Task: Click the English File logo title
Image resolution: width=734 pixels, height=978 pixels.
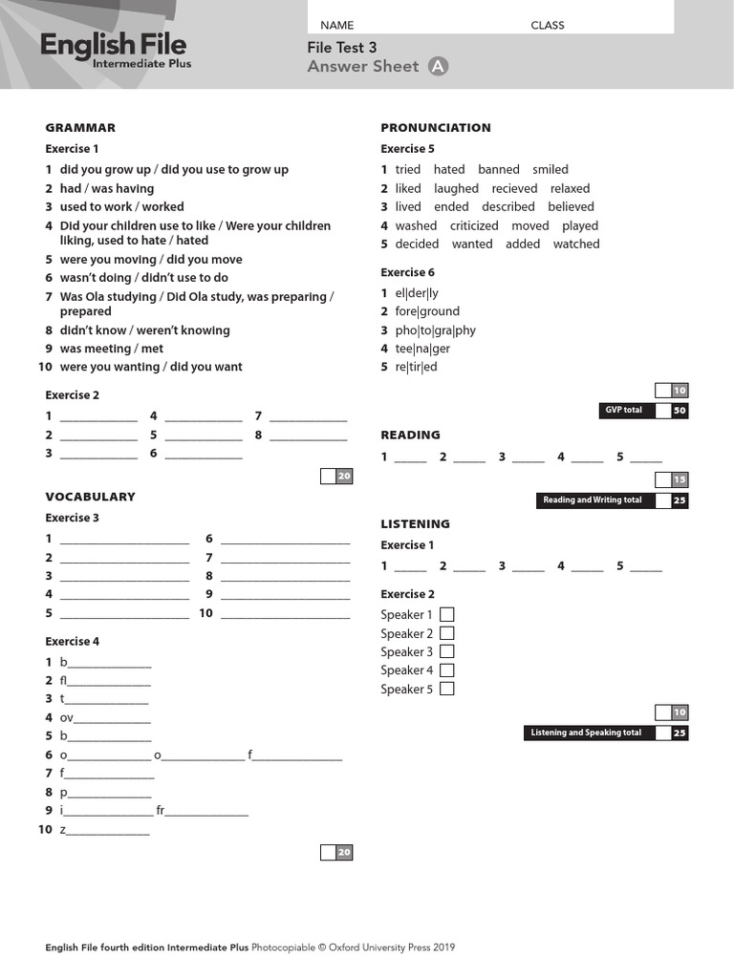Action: (x=113, y=45)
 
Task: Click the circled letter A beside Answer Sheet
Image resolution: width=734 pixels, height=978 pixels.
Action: (x=438, y=66)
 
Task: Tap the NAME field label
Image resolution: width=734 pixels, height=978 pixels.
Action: (x=336, y=25)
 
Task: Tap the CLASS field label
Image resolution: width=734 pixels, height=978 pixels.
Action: (x=548, y=25)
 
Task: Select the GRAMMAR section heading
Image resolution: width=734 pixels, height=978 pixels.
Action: (x=80, y=127)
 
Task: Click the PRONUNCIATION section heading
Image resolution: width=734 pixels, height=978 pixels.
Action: (x=436, y=127)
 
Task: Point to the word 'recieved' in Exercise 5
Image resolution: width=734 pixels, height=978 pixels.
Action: (x=514, y=188)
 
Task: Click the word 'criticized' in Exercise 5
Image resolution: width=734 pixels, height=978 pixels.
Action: (x=474, y=225)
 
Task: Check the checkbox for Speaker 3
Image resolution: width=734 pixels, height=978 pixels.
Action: (x=446, y=651)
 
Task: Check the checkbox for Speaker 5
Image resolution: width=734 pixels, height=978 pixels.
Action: (x=446, y=689)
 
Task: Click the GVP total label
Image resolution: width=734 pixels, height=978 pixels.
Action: (x=624, y=411)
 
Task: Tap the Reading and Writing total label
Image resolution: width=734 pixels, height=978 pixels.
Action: (x=593, y=500)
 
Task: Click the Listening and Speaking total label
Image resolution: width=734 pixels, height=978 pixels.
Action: (x=586, y=733)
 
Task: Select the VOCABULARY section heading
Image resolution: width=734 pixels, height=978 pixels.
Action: (x=90, y=497)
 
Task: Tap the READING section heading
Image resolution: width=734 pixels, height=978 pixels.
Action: (x=410, y=435)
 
